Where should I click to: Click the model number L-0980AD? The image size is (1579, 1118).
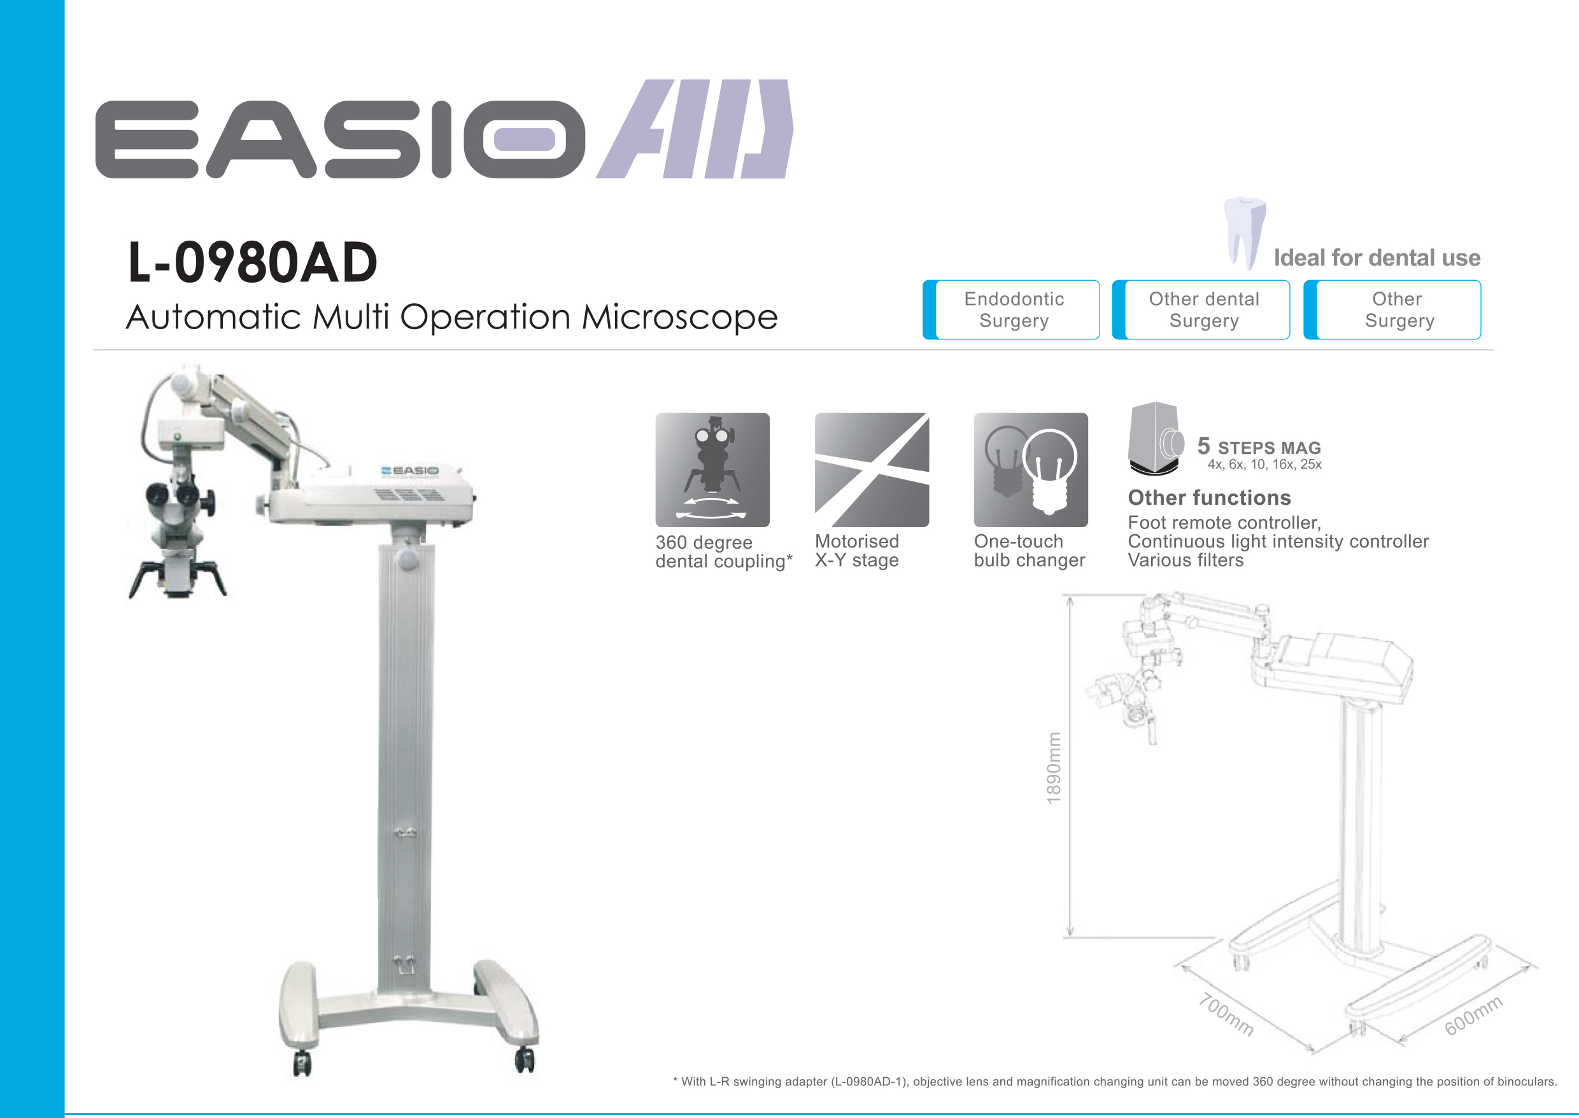(253, 262)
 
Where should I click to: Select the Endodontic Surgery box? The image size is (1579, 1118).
(1010, 310)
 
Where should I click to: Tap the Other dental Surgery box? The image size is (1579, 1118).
(1200, 310)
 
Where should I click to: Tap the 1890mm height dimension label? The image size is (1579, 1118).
(1053, 768)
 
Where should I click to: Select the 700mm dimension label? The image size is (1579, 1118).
(1226, 1014)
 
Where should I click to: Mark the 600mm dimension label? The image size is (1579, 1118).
(1473, 1015)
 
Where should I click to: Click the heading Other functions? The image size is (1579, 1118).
(1209, 497)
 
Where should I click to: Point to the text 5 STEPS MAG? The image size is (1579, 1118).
(1259, 446)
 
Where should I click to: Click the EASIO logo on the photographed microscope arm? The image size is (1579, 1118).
(409, 471)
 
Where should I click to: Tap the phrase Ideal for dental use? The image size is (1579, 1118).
(1377, 257)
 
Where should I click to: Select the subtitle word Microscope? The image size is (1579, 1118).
(679, 317)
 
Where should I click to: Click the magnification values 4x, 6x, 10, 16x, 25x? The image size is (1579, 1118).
(1264, 465)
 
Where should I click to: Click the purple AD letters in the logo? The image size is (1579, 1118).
(695, 129)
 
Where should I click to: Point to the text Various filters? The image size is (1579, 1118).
(1186, 560)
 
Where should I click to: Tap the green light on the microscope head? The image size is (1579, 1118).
(178, 437)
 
